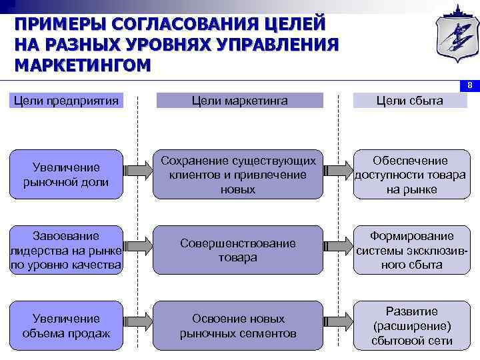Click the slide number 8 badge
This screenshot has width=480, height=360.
click(x=469, y=85)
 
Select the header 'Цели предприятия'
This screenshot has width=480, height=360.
click(x=66, y=101)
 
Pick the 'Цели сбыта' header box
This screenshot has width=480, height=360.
click(x=409, y=101)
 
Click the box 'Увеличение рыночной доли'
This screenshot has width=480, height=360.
click(x=66, y=175)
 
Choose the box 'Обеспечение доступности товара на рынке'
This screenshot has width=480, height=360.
click(x=410, y=175)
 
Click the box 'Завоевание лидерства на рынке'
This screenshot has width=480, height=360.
click(x=66, y=251)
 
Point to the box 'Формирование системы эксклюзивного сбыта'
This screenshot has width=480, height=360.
click(x=410, y=251)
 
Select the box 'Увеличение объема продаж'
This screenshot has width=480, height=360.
click(x=66, y=325)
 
